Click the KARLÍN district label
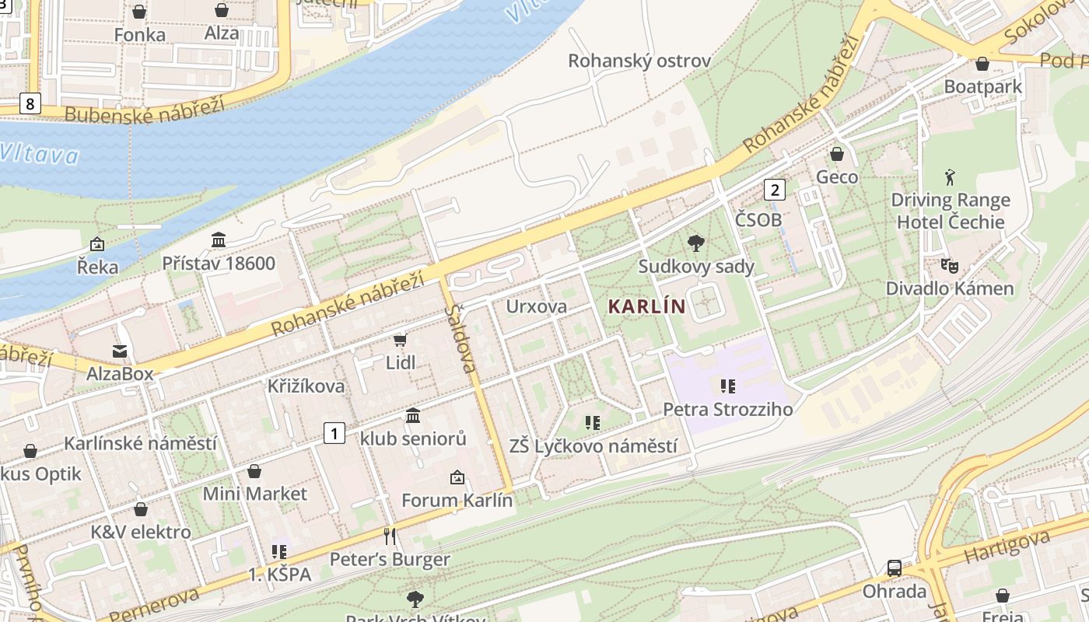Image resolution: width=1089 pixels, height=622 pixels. coord(646,306)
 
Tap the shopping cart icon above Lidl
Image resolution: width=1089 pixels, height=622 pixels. coord(401,340)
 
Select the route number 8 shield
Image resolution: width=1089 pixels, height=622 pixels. coord(30,103)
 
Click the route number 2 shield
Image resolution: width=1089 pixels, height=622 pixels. coord(774,189)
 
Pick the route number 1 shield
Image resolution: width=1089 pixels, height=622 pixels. coord(334,433)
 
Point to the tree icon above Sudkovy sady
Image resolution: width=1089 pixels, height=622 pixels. coord(696,243)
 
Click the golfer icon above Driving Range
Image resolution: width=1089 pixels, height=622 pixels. coord(950,177)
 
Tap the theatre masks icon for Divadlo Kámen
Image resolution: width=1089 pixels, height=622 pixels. coord(949,266)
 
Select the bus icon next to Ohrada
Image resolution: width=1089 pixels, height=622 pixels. coord(895,568)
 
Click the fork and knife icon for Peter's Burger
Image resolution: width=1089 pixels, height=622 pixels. coord(390,536)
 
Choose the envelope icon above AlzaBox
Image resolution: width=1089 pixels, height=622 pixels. coord(120,351)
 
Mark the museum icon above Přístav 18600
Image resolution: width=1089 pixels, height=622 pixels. coord(219,239)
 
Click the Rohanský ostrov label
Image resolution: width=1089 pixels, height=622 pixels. coord(639,61)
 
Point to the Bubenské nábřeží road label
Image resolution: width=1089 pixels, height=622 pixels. coord(145,109)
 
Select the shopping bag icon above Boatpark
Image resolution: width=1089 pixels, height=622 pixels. coord(982,64)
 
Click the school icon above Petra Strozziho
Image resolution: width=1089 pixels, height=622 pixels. coord(728,386)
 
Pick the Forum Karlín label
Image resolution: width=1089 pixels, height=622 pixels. coord(457,500)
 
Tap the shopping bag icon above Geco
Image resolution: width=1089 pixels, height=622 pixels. coord(837,154)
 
